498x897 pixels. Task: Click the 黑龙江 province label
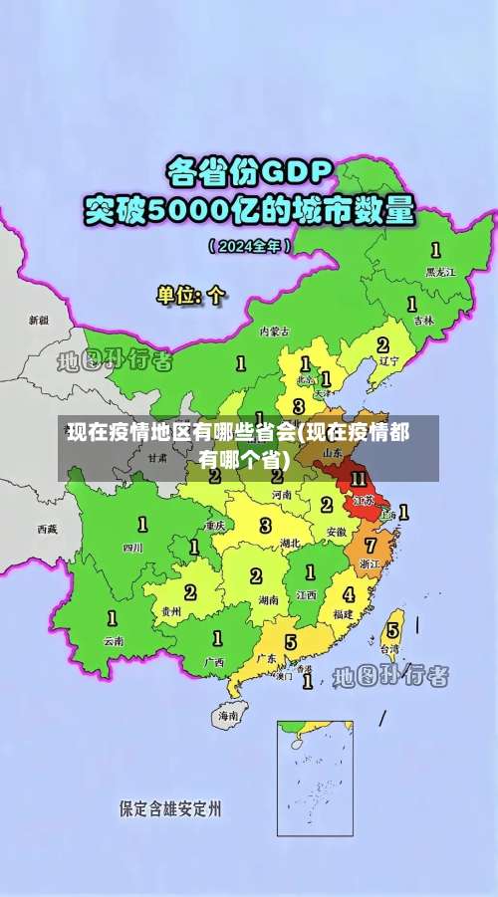pos(439,271)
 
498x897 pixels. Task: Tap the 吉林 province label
pos(424,321)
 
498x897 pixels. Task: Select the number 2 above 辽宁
pos(382,344)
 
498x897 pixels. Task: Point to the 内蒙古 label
pos(274,332)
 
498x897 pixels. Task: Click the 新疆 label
pos(38,321)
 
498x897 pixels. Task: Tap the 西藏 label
pos(47,529)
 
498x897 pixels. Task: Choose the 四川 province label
pos(132,547)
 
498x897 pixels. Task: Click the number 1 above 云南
pos(110,617)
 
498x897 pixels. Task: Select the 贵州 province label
pos(171,611)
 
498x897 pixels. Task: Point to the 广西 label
pos(213,660)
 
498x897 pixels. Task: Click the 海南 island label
pos(228,715)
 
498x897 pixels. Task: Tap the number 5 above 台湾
pos(391,628)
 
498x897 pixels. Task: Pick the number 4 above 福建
pos(348,594)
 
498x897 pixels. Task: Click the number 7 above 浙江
pos(370,545)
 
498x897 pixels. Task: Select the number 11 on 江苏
pos(359,480)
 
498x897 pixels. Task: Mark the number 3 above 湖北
pos(265,525)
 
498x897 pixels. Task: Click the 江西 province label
pos(306,594)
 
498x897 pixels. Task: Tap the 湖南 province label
pos(267,600)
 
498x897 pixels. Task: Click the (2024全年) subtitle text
pos(250,245)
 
